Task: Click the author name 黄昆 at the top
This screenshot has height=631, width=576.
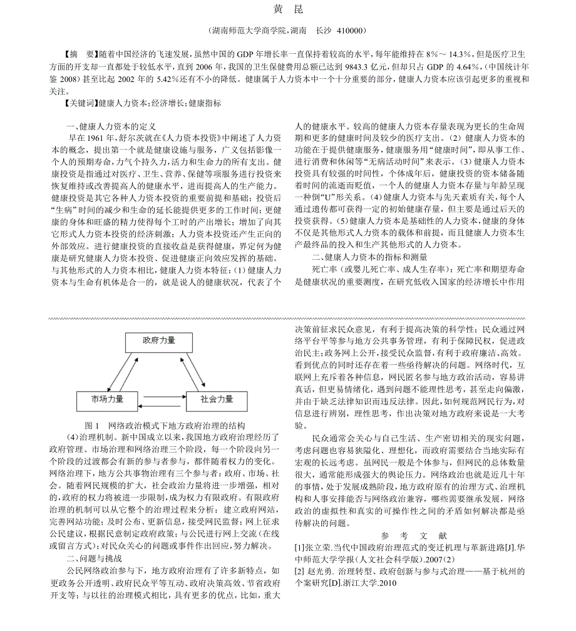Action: [x=287, y=9]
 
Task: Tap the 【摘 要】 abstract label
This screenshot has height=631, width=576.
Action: [x=81, y=54]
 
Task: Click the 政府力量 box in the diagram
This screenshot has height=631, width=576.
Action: [x=159, y=342]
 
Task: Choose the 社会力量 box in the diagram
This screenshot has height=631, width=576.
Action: [x=216, y=399]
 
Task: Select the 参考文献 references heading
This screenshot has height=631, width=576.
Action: [x=414, y=535]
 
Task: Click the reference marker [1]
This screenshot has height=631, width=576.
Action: [x=300, y=547]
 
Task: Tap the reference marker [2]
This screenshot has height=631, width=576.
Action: [x=300, y=572]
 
